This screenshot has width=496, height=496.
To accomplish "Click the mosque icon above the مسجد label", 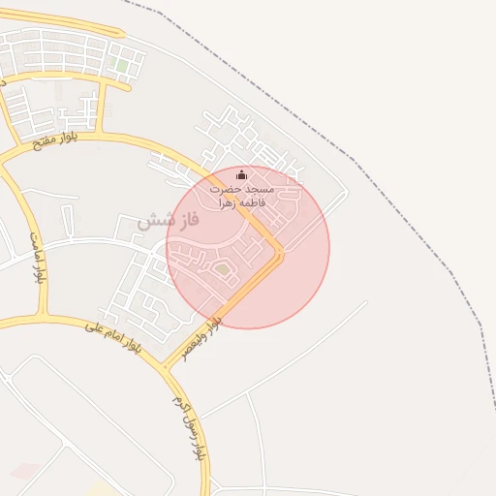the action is [x=242, y=174].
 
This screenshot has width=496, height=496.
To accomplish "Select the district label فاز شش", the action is [x=168, y=220].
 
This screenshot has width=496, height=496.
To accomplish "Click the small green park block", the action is [x=121, y=65].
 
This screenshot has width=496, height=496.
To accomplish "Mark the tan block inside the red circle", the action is [x=223, y=268].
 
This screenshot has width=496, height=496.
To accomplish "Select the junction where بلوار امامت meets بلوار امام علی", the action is [x=43, y=317].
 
